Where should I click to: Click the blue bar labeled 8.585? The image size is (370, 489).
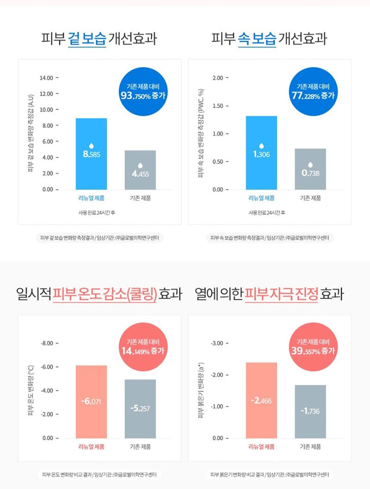pos(91,154)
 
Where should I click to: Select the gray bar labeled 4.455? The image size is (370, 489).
pos(140,170)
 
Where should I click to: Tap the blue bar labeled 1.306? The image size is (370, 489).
pos(261,153)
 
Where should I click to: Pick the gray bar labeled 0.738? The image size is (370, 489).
pos(310,169)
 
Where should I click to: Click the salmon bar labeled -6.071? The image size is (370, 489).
pos(91,402)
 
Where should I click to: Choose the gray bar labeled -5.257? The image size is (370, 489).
pos(140,409)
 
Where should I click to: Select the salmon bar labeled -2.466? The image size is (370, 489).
pos(261,400)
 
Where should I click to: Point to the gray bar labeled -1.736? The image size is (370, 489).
pos(310,412)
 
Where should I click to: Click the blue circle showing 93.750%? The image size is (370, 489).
pos(143,91)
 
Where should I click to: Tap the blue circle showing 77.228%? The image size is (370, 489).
pos(313,91)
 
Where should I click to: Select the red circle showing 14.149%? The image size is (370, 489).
pos(143,347)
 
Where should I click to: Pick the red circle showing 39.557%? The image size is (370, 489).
pos(313,347)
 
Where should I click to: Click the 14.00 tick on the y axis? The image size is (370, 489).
pos(46,78)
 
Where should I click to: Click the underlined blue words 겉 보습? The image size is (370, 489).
pos(87,39)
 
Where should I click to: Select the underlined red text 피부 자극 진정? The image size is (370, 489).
pos(281,294)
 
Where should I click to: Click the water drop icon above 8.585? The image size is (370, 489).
pos(92,145)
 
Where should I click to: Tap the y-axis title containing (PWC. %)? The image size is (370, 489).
pos(201,133)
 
